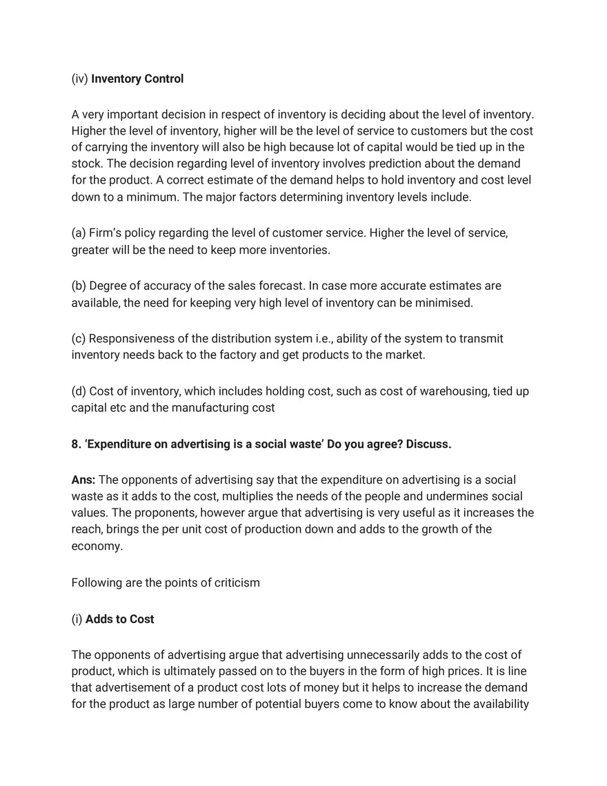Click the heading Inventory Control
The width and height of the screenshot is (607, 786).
(x=137, y=79)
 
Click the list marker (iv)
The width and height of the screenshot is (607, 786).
(x=80, y=79)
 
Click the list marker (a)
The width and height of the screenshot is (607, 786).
(x=79, y=233)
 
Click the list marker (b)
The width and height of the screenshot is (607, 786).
(x=79, y=286)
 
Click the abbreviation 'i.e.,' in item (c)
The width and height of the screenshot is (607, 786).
(x=320, y=339)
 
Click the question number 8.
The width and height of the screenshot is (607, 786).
(x=76, y=444)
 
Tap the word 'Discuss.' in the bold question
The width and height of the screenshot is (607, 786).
(x=428, y=444)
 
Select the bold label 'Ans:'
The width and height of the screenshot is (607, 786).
(x=83, y=480)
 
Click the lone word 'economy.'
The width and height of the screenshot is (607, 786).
(x=97, y=546)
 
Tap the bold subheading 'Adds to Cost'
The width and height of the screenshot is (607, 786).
(x=120, y=619)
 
